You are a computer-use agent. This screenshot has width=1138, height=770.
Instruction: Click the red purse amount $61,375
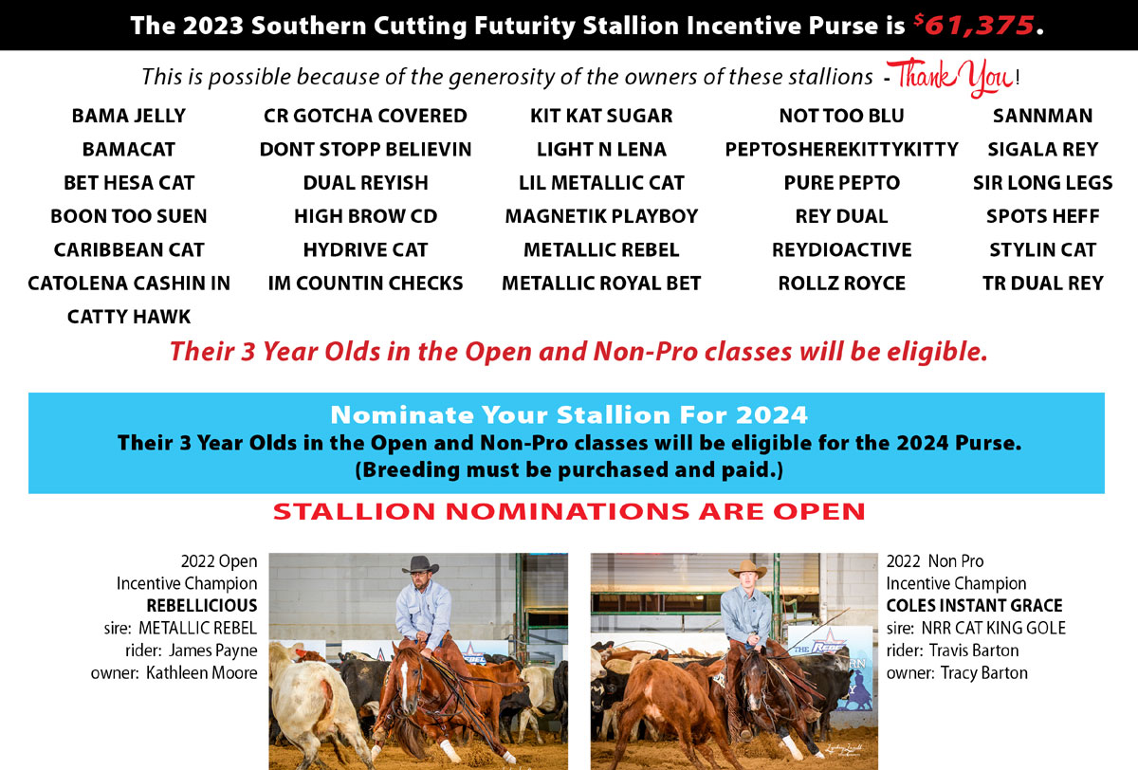click(974, 25)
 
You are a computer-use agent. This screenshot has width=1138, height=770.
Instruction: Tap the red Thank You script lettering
click(950, 77)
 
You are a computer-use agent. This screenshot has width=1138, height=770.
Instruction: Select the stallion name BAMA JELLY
click(129, 116)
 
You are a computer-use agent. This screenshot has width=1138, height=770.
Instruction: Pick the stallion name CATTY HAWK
click(129, 317)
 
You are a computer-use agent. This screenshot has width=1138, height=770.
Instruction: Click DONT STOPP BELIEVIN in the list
click(365, 149)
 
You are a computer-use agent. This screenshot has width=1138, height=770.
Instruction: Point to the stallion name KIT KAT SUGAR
click(601, 116)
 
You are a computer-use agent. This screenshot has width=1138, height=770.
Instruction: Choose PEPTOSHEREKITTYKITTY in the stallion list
click(841, 149)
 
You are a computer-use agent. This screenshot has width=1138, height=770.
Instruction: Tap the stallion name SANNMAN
click(1042, 116)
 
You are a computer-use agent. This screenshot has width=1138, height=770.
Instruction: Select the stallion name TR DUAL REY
click(1042, 284)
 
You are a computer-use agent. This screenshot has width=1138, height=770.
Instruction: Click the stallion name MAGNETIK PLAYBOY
click(601, 216)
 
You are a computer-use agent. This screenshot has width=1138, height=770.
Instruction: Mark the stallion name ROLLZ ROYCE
click(841, 284)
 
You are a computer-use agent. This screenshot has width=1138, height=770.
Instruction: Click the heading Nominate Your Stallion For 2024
click(568, 415)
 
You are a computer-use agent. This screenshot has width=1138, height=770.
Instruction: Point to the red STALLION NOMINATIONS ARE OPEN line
click(569, 511)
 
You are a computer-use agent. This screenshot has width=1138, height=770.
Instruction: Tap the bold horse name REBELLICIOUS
click(202, 605)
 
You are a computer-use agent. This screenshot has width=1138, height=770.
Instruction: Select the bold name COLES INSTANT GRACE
click(974, 605)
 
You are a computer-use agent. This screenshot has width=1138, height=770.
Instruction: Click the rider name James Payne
click(212, 651)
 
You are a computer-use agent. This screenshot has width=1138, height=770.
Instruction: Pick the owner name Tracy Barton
click(983, 673)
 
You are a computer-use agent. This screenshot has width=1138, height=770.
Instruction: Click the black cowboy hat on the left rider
click(420, 565)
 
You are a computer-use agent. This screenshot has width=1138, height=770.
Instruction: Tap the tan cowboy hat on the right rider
click(747, 569)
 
